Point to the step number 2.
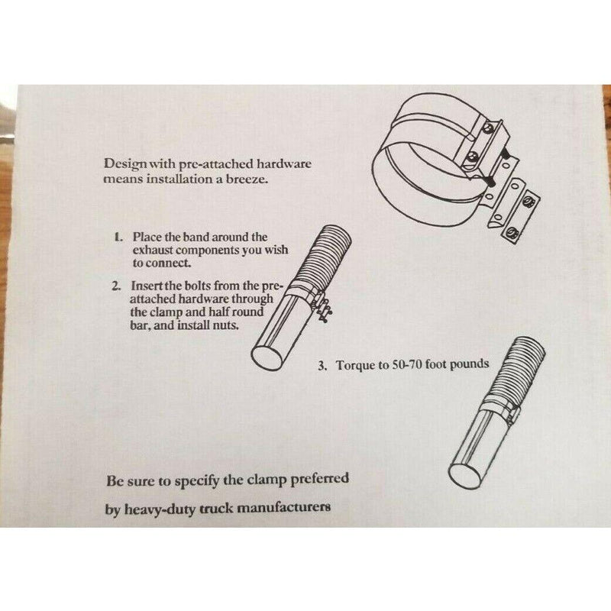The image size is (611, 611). coord(117,286)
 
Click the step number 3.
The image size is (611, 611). coord(322,366)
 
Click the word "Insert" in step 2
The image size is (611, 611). coord(147,286)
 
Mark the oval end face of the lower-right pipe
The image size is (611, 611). coord(464,476)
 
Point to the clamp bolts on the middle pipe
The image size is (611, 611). coord(324,308)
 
